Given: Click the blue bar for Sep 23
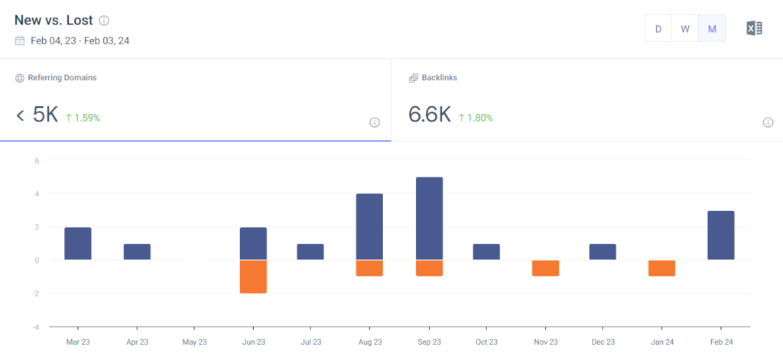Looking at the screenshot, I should pyautogui.click(x=429, y=219).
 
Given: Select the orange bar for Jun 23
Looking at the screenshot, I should pyautogui.click(x=253, y=277).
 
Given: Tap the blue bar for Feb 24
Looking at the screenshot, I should pyautogui.click(x=721, y=235).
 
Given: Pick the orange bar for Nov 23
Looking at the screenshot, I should pyautogui.click(x=546, y=268).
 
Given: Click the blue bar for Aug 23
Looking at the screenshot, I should pyautogui.click(x=369, y=227).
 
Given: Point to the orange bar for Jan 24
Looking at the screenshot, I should pyautogui.click(x=662, y=268).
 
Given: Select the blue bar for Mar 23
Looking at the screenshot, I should pyautogui.click(x=78, y=244).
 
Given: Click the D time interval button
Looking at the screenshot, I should pyautogui.click(x=658, y=29).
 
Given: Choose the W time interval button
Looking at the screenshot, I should pyautogui.click(x=685, y=29).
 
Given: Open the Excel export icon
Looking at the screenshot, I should pyautogui.click(x=754, y=29).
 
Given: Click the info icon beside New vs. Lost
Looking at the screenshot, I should pyautogui.click(x=104, y=21).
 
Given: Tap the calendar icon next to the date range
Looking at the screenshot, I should pyautogui.click(x=20, y=41).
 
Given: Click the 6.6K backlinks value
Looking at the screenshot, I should pyautogui.click(x=430, y=115).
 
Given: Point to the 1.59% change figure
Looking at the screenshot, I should pyautogui.click(x=83, y=118).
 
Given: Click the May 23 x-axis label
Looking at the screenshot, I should pyautogui.click(x=195, y=342).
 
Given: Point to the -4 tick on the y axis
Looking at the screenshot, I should pyautogui.click(x=36, y=327).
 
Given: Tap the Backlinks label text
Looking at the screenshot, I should pyautogui.click(x=439, y=78).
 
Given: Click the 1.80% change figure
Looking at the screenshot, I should pyautogui.click(x=476, y=118).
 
